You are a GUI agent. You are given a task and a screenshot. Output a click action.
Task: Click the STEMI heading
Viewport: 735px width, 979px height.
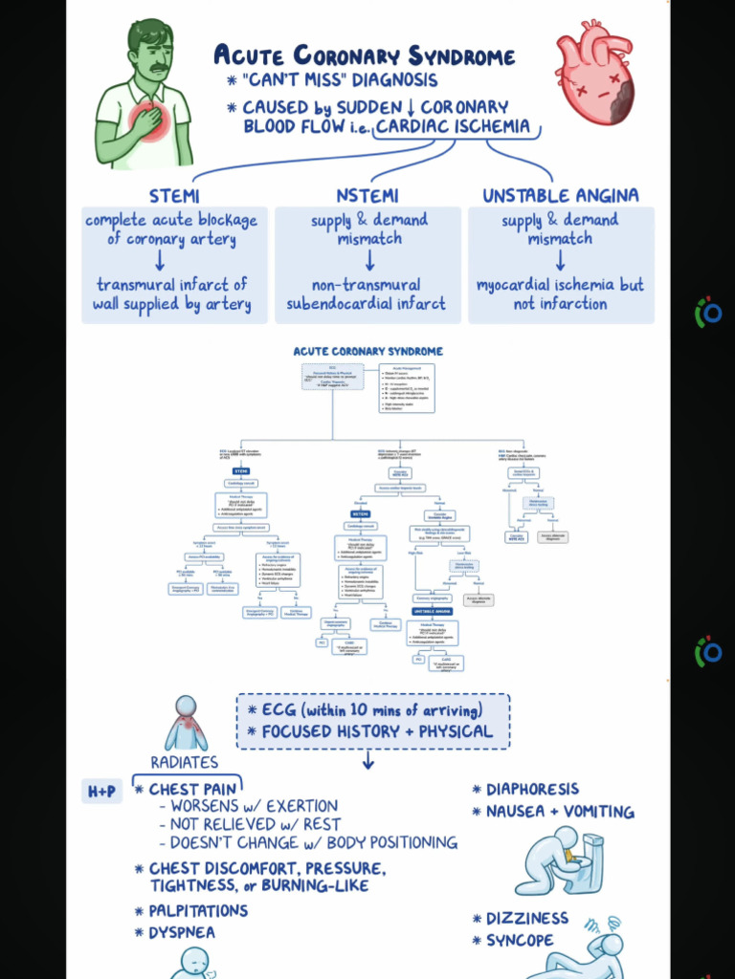click(174, 197)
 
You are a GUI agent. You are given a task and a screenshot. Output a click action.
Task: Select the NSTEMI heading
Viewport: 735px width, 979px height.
click(368, 197)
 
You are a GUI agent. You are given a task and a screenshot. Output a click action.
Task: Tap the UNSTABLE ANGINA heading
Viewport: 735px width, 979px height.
click(560, 197)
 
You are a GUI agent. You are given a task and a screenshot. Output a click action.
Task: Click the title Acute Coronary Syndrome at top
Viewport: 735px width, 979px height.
click(364, 55)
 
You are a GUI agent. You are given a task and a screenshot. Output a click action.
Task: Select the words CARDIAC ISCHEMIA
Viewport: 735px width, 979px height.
click(453, 126)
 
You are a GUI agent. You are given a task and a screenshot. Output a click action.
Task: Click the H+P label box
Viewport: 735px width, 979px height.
click(101, 792)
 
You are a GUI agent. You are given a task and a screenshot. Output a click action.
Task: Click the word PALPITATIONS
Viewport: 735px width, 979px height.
click(198, 910)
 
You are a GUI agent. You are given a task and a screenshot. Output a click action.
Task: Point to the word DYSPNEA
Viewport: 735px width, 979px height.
click(181, 932)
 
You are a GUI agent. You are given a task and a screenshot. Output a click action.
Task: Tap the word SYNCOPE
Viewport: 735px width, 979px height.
click(520, 940)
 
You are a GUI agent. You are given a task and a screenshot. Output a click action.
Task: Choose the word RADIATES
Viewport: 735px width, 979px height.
click(184, 762)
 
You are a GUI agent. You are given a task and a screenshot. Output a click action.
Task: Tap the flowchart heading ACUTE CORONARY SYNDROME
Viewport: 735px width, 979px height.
click(368, 352)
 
